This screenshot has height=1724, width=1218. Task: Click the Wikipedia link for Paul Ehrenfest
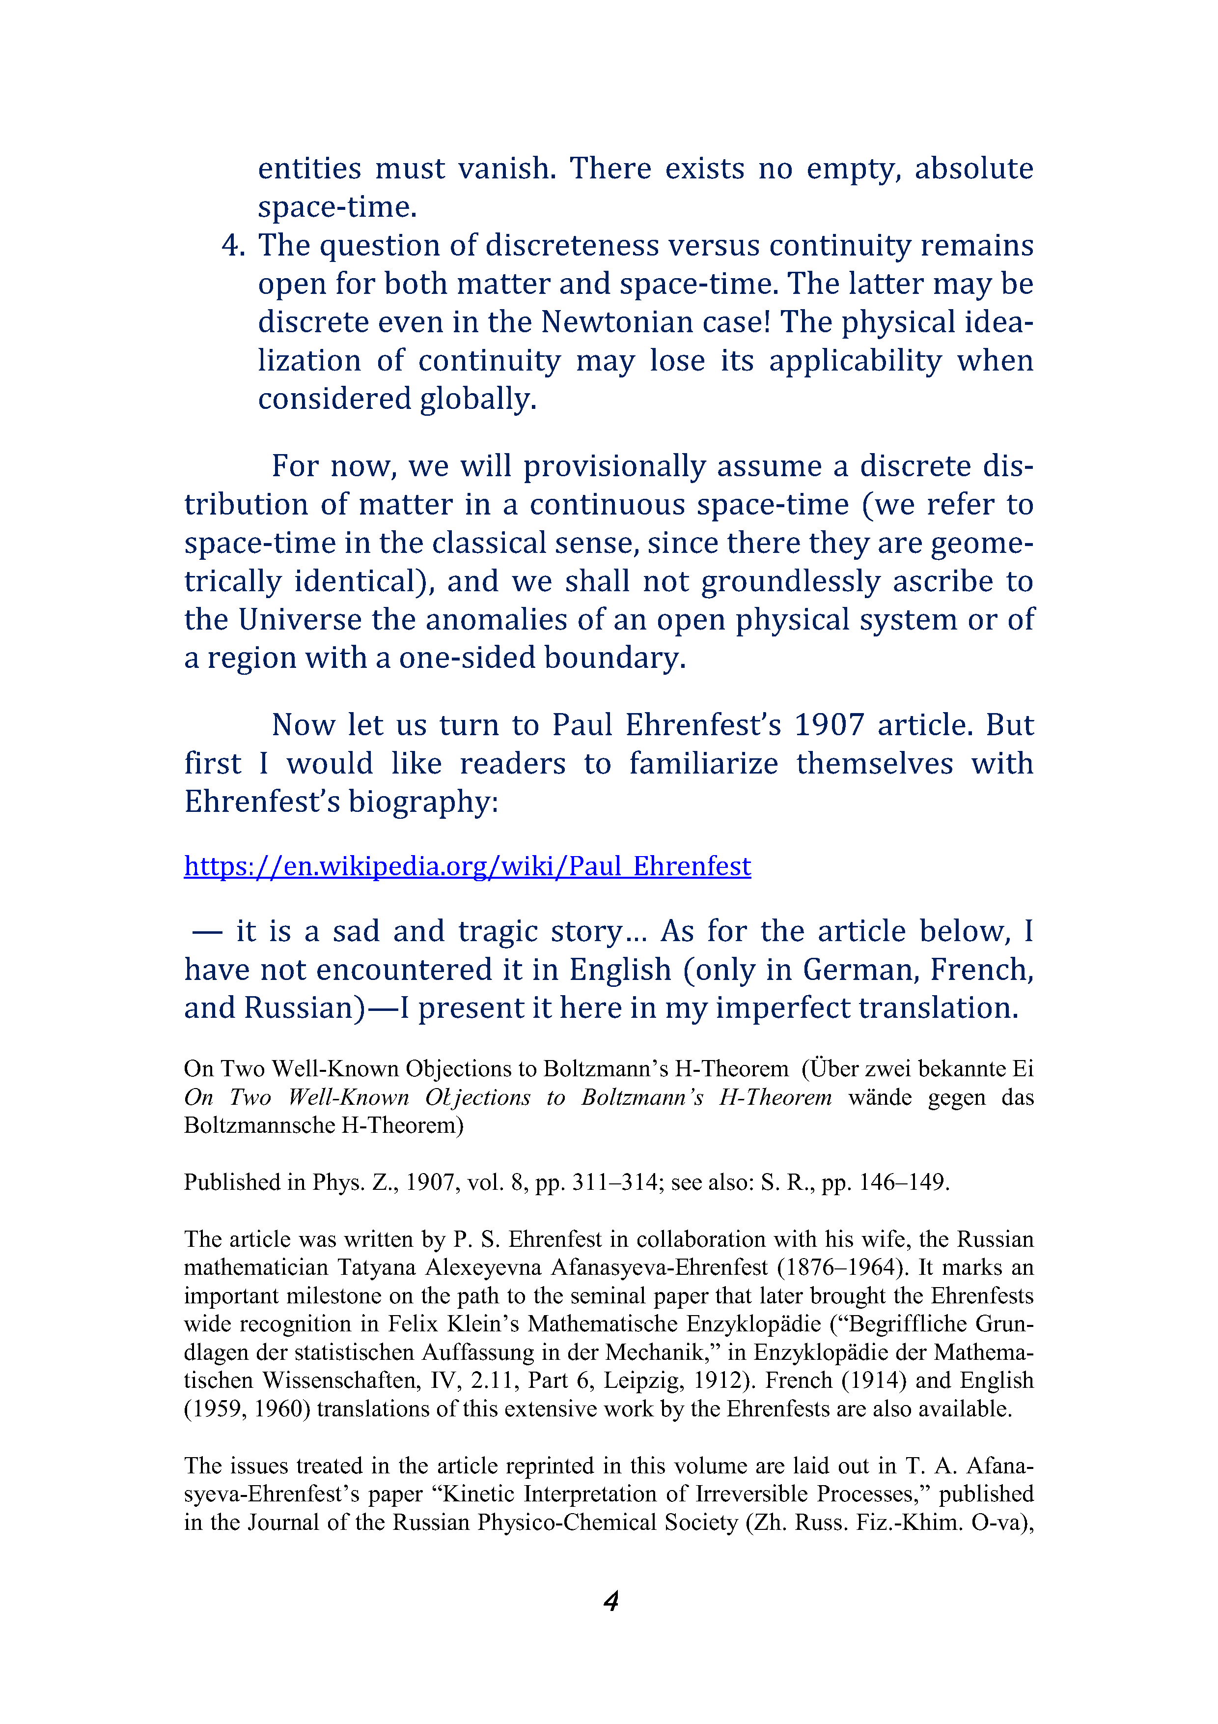tap(468, 866)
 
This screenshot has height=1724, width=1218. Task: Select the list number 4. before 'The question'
tap(233, 246)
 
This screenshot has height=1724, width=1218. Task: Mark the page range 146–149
tap(904, 1182)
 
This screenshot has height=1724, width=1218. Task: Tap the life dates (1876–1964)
tap(840, 1267)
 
